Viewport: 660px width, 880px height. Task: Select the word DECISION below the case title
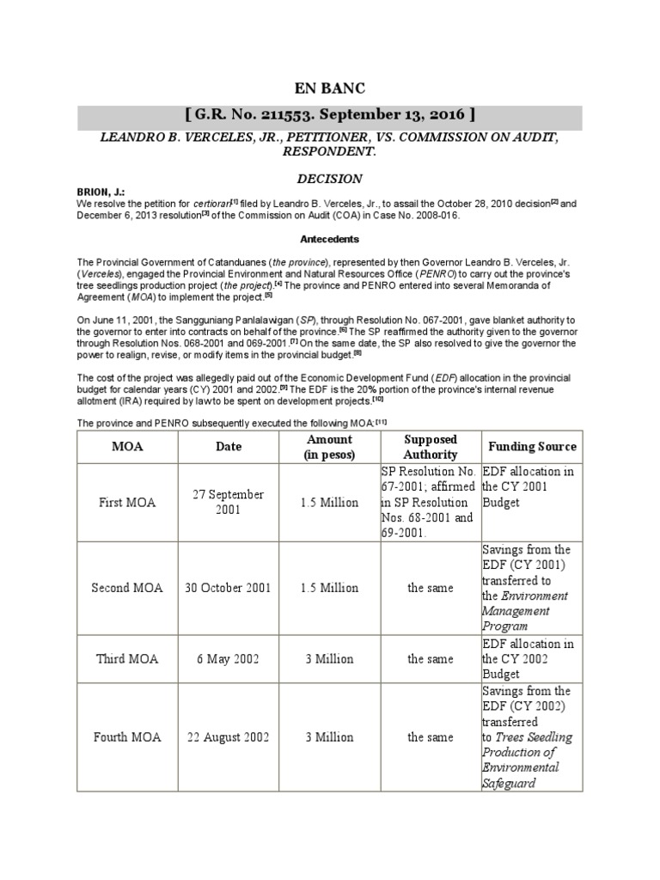coord(330,179)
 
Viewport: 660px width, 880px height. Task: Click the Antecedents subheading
coord(330,239)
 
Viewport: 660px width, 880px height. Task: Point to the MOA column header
coord(126,447)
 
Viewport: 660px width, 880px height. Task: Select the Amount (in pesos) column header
coord(329,447)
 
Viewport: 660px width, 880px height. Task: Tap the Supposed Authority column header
coord(430,447)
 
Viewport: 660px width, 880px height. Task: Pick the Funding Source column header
coord(532,447)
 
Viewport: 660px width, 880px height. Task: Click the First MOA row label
coord(126,503)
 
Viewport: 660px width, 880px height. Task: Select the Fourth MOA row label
coord(126,737)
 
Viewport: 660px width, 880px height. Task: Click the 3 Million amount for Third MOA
coord(329,659)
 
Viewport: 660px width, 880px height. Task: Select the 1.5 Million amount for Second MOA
coord(329,589)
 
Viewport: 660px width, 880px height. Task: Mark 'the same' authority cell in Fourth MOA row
coord(430,737)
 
